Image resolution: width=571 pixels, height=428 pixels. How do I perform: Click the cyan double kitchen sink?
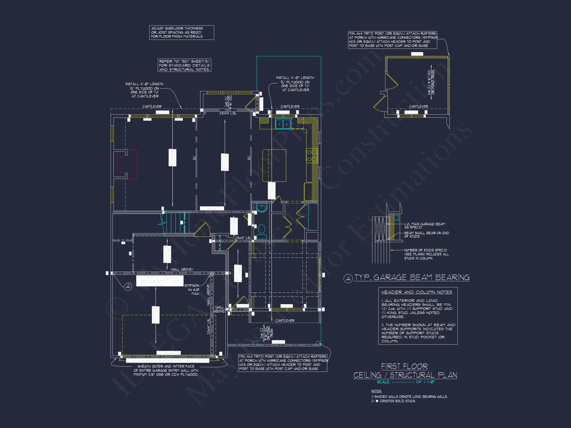point(283,124)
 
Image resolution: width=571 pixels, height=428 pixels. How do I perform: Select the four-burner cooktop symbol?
point(312,156)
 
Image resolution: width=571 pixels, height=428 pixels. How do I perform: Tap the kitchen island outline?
point(274,166)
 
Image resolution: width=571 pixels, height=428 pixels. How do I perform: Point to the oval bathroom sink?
point(262,208)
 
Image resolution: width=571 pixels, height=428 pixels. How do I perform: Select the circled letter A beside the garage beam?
point(128,287)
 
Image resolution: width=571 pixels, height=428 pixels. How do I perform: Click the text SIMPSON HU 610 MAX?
point(192,290)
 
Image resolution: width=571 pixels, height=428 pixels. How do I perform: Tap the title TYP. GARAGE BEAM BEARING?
point(411,278)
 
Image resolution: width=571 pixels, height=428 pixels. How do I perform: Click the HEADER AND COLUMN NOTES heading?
point(417,292)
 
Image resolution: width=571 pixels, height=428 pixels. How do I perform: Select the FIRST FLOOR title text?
point(404,366)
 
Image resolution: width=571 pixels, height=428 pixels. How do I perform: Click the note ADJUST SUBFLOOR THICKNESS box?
point(181,32)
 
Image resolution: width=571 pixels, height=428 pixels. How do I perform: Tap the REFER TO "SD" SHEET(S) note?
point(184,65)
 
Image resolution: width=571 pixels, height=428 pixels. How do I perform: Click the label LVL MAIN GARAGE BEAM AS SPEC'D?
point(424,225)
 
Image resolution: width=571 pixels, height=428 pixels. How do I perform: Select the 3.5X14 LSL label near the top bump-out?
point(228,113)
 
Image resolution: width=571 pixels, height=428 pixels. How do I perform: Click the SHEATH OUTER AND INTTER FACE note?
point(166,370)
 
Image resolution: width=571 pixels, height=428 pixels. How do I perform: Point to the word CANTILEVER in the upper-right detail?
point(418,106)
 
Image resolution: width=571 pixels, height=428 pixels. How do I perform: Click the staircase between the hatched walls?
point(177,222)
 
